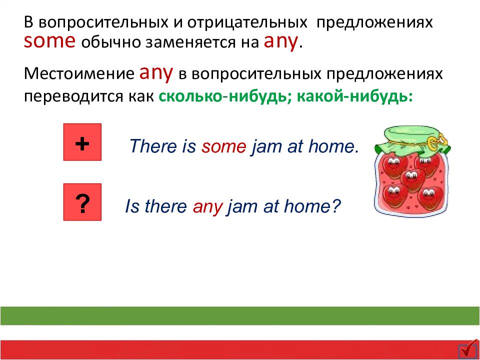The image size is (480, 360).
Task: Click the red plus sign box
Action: coord(82,142)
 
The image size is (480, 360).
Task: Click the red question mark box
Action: coord(82,202)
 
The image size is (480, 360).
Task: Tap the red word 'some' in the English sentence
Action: coord(224,146)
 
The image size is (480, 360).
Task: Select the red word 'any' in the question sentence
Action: coord(207,206)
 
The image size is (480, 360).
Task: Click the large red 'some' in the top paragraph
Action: coord(49,41)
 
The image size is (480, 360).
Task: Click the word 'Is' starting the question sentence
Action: coord(132,206)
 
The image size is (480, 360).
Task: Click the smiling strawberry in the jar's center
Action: coord(411,177)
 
